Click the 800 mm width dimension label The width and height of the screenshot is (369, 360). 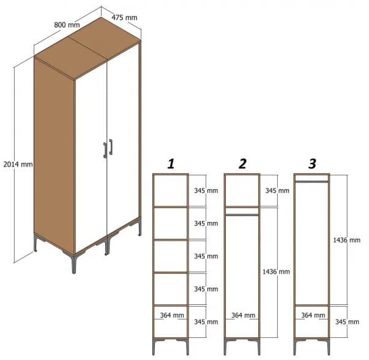pyautogui.click(x=67, y=24)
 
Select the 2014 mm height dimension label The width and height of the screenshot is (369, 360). pyautogui.click(x=18, y=164)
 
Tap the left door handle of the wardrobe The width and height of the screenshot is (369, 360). pyautogui.click(x=105, y=150)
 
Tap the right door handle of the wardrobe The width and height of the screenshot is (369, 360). pyautogui.click(x=111, y=146)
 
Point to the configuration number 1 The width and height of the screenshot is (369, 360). pyautogui.click(x=171, y=163)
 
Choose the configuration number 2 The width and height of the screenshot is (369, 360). pyautogui.click(x=242, y=163)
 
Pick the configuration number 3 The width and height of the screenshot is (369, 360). pyautogui.click(x=312, y=163)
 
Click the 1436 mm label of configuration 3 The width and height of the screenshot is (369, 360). pyautogui.click(x=347, y=240)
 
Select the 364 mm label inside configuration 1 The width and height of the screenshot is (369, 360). pyautogui.click(x=172, y=315)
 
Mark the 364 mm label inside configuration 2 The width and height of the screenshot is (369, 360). pyautogui.click(x=244, y=315)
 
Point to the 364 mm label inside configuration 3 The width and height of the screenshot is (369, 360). pyautogui.click(x=313, y=315)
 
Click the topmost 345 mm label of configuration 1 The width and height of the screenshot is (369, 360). pyautogui.click(x=206, y=190)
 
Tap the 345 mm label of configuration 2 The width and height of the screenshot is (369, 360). pyautogui.click(x=277, y=190)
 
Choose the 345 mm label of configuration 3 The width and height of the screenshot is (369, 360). pyautogui.click(x=347, y=321)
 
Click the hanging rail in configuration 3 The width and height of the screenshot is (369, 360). pyautogui.click(x=312, y=181)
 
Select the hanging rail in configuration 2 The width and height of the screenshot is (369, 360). pyautogui.click(x=242, y=214)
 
